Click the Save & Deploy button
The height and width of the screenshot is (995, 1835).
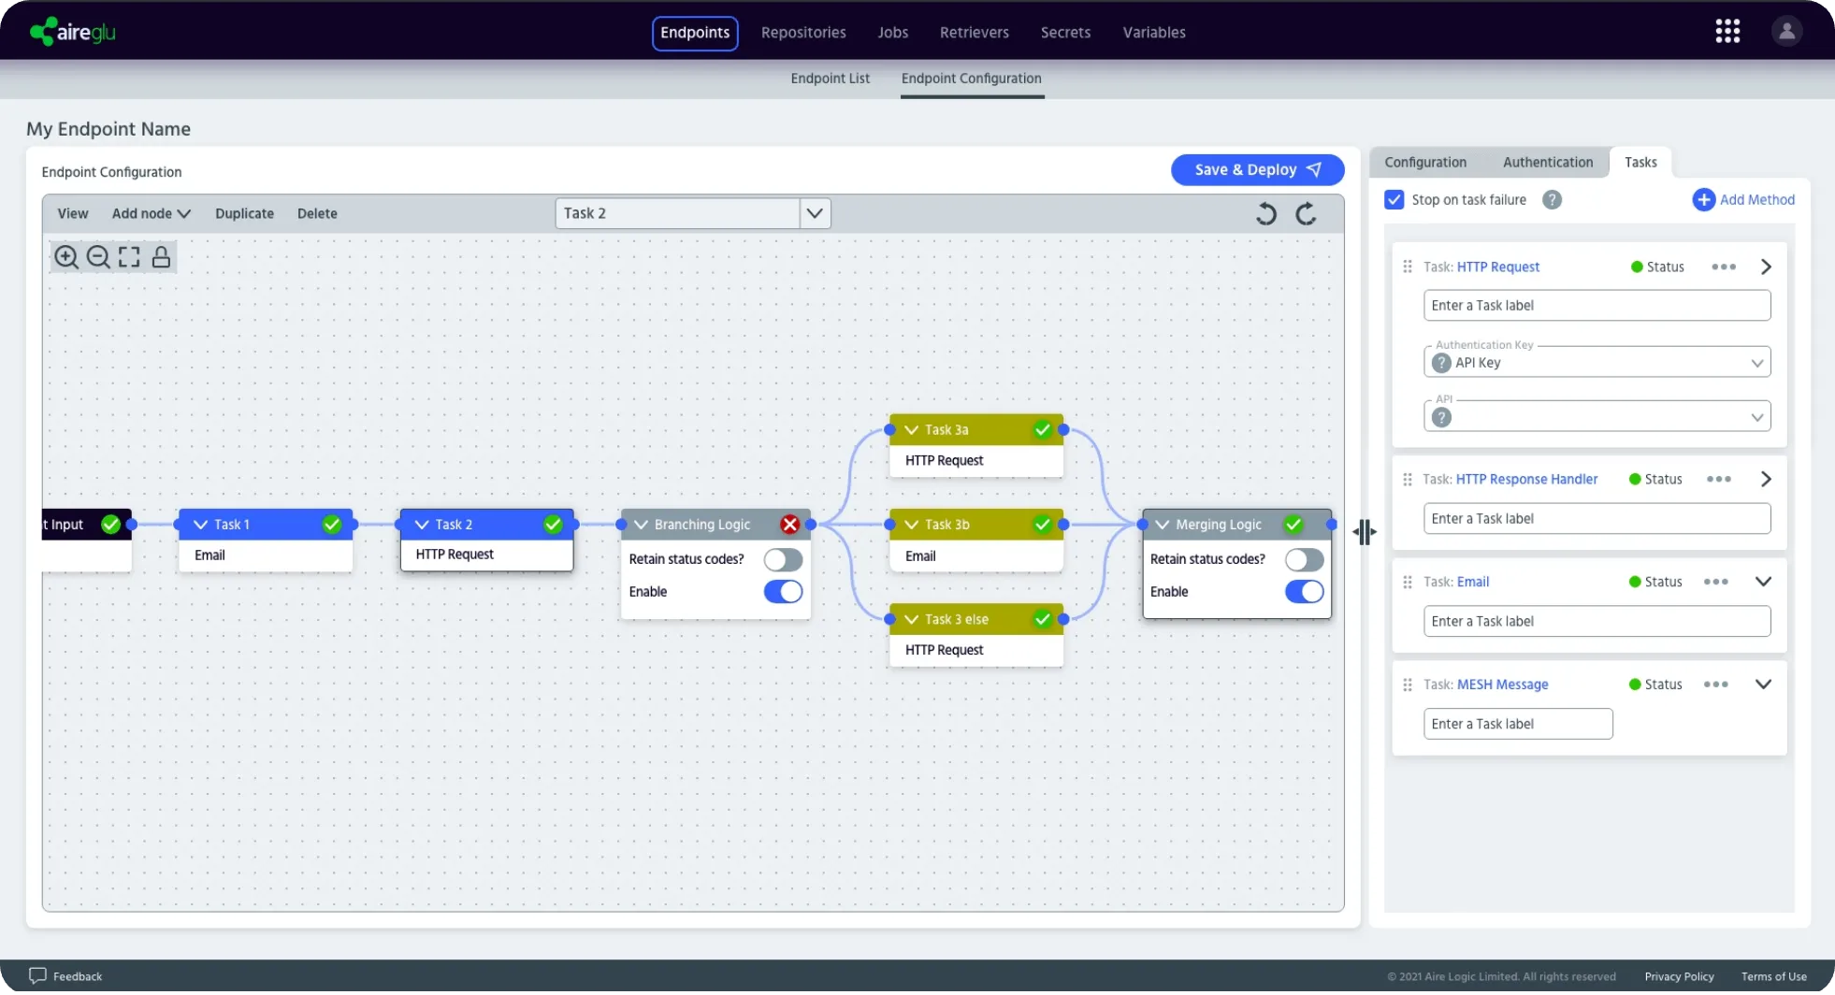[x=1257, y=169]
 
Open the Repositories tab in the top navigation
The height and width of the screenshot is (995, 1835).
[x=803, y=33]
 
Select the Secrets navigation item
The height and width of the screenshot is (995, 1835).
[x=1065, y=33]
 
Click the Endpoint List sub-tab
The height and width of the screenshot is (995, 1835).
[x=830, y=79]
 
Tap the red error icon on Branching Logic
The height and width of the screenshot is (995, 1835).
[x=790, y=525]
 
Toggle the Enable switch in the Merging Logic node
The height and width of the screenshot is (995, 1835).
[x=1304, y=592]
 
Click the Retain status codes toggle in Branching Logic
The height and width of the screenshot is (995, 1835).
[x=783, y=559]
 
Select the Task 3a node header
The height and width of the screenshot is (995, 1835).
[x=975, y=430]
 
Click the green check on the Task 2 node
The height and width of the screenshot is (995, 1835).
[x=553, y=525]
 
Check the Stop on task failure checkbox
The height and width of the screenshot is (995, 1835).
[x=1394, y=200]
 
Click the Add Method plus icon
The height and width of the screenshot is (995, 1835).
[x=1703, y=200]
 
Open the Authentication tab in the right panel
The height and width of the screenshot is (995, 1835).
[x=1548, y=163]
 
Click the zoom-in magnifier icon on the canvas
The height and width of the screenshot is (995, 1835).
[x=66, y=257]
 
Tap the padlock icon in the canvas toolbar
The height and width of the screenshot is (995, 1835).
[x=161, y=257]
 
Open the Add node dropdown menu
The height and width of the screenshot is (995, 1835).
[x=152, y=214]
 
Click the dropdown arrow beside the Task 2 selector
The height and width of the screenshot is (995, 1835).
[x=815, y=213]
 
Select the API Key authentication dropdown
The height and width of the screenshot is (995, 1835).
[x=1597, y=363]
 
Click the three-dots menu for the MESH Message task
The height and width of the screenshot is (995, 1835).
[x=1716, y=685]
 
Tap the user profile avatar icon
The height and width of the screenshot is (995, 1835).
[x=1786, y=32]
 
